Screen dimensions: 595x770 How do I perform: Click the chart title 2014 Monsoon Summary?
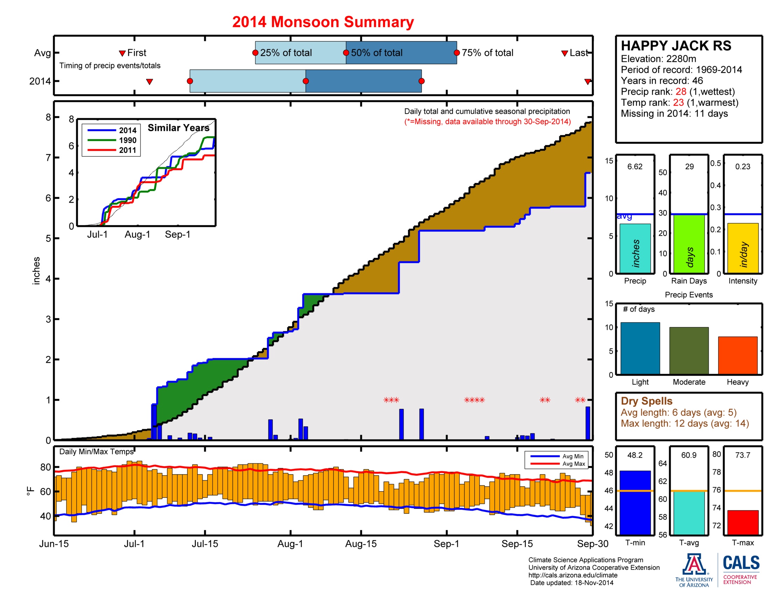tap(323, 22)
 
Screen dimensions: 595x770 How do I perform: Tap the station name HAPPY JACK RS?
tap(675, 46)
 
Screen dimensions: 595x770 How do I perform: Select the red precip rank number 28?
tap(680, 92)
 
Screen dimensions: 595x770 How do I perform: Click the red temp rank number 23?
tap(678, 103)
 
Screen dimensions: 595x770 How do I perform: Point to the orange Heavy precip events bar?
tap(737, 355)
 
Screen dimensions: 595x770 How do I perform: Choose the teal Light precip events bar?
tap(639, 348)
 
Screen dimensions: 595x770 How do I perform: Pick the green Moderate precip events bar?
tap(688, 350)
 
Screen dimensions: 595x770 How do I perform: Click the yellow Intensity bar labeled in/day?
tap(742, 248)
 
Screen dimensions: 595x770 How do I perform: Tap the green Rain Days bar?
tap(688, 244)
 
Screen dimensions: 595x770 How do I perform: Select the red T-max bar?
tap(742, 522)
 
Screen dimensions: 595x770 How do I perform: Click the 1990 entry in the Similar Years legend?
tap(127, 140)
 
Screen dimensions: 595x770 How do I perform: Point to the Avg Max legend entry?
tap(573, 464)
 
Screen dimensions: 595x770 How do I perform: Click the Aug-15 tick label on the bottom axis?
tap(360, 544)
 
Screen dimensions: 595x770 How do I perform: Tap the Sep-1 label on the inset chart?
tap(177, 234)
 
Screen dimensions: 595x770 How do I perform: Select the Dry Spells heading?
tap(646, 401)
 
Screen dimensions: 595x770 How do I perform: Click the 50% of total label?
tap(376, 53)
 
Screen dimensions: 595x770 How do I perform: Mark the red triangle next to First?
tap(122, 53)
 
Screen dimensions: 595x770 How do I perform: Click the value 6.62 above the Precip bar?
tap(635, 166)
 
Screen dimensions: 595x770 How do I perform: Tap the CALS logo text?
tap(741, 563)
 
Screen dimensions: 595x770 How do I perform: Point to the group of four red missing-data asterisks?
tap(474, 400)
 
